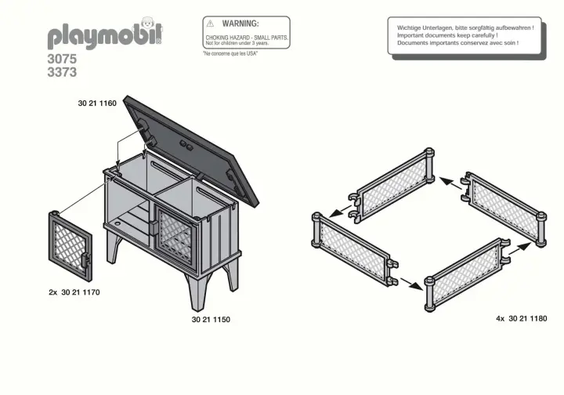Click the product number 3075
62,59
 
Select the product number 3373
62,72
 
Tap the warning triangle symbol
210,24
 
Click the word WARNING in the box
240,24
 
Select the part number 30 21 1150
211,320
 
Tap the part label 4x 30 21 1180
521,319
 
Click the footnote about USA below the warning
230,53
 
